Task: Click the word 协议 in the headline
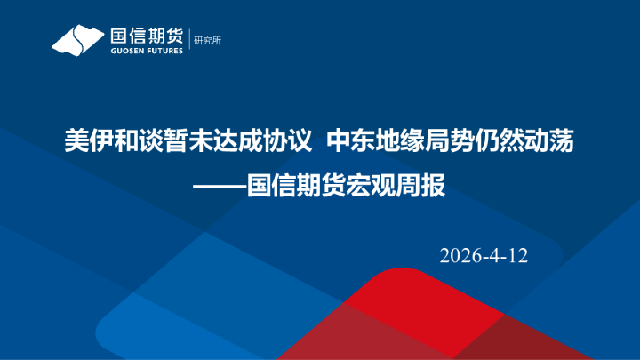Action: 291,140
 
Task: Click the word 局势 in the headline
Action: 442,140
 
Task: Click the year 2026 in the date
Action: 460,256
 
